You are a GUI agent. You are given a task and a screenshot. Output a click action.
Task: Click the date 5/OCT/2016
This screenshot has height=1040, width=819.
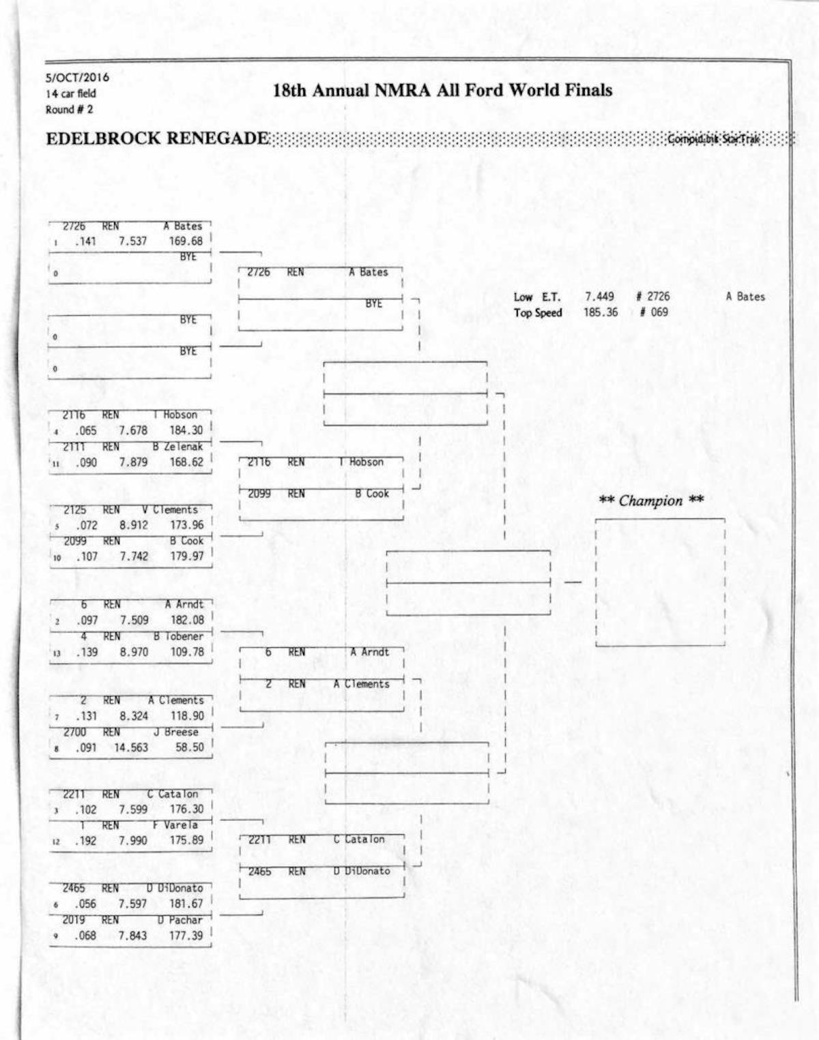tap(77, 77)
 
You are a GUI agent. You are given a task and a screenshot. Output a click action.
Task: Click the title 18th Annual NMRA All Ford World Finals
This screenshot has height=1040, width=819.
tap(442, 91)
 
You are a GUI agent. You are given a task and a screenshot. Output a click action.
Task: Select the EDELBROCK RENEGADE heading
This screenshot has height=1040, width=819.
tap(157, 138)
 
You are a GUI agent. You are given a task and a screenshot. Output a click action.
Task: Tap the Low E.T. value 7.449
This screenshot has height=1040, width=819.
tap(599, 297)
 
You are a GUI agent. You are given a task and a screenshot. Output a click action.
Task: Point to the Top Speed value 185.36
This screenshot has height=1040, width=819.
tap(601, 312)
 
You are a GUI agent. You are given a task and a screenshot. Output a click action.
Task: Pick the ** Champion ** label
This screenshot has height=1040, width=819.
tap(650, 501)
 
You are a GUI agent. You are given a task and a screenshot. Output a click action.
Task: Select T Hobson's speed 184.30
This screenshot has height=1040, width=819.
tap(186, 430)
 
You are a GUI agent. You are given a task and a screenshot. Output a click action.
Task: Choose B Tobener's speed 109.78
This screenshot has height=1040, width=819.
tap(187, 652)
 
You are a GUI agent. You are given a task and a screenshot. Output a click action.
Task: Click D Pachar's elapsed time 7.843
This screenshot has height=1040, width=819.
tap(132, 936)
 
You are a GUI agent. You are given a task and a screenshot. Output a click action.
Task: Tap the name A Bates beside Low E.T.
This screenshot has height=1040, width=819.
tap(745, 297)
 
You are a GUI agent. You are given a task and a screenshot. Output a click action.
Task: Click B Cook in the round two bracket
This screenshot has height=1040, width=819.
tap(372, 494)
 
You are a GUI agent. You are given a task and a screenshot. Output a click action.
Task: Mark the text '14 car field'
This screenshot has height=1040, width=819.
tap(71, 93)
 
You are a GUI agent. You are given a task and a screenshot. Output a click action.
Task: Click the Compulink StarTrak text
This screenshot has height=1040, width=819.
tap(713, 139)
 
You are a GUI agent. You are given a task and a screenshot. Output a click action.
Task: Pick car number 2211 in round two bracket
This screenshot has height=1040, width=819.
tap(259, 840)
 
